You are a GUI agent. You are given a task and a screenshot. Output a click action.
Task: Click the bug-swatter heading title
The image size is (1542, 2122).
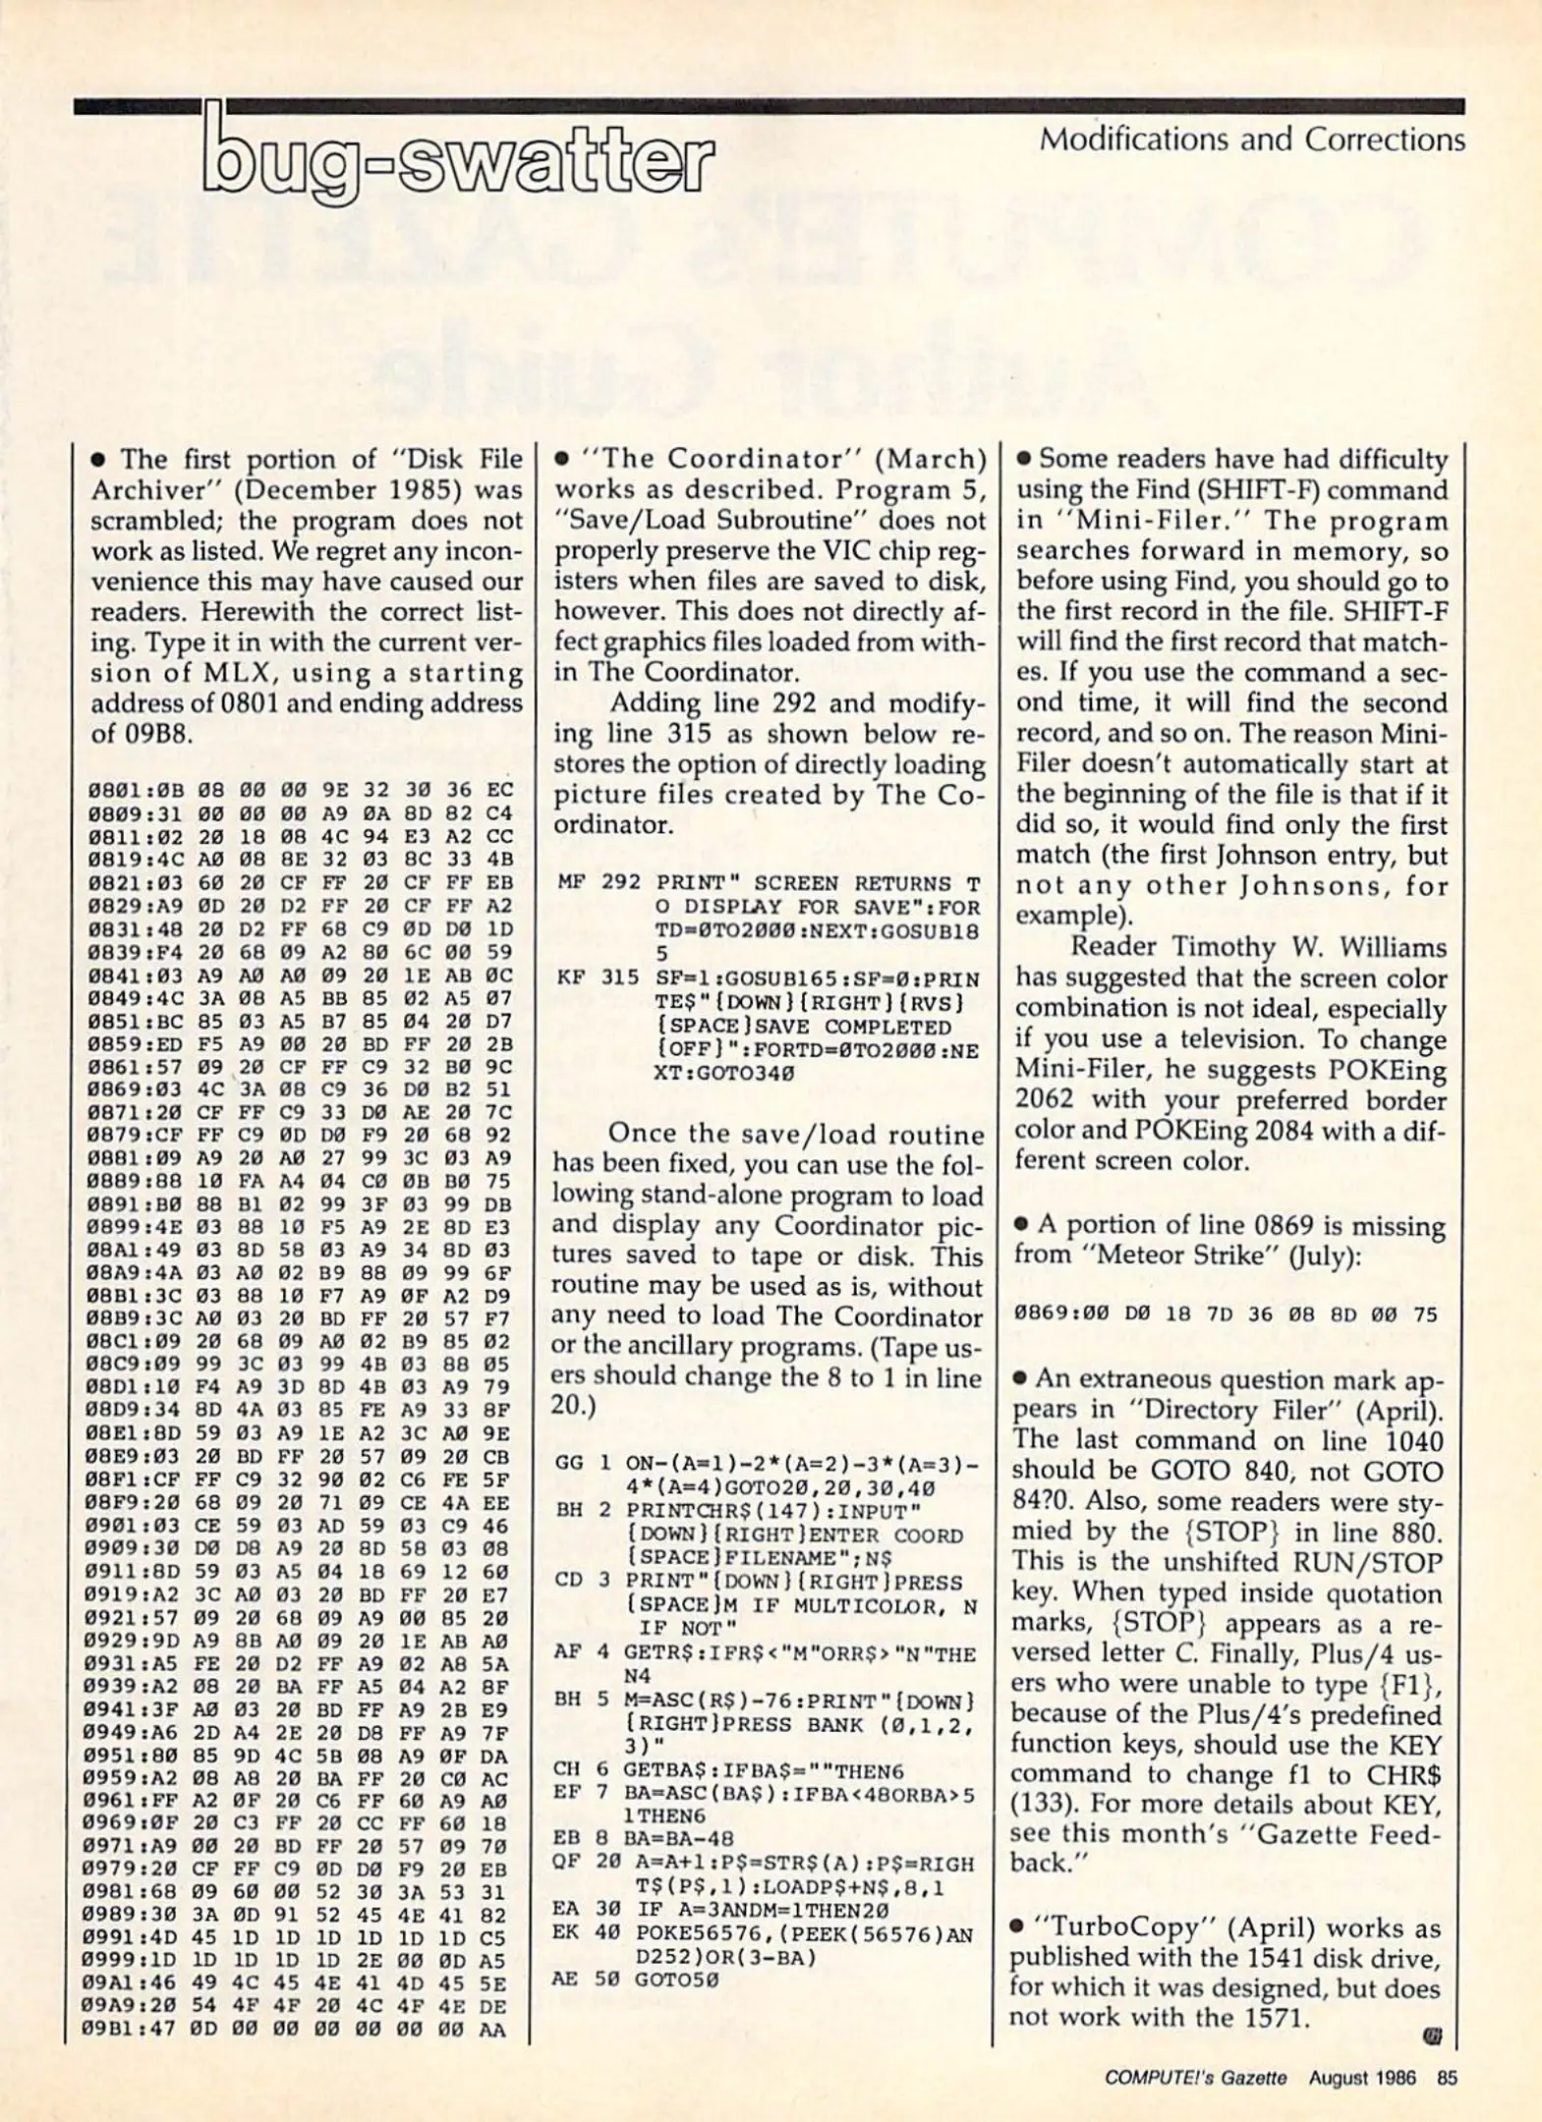(457, 157)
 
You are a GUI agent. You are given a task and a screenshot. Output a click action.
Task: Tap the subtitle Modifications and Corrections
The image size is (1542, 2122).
(1251, 140)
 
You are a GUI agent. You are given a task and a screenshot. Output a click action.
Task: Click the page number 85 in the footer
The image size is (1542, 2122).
(1446, 2077)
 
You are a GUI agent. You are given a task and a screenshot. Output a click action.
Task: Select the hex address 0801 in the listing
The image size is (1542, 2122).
(111, 790)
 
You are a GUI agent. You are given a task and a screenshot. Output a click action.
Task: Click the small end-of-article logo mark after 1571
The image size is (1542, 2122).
(1431, 2037)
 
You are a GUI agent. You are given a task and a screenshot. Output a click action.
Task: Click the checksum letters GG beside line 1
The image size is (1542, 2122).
(569, 1463)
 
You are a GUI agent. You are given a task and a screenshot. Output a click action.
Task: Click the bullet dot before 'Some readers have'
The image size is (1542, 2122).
(1024, 460)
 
